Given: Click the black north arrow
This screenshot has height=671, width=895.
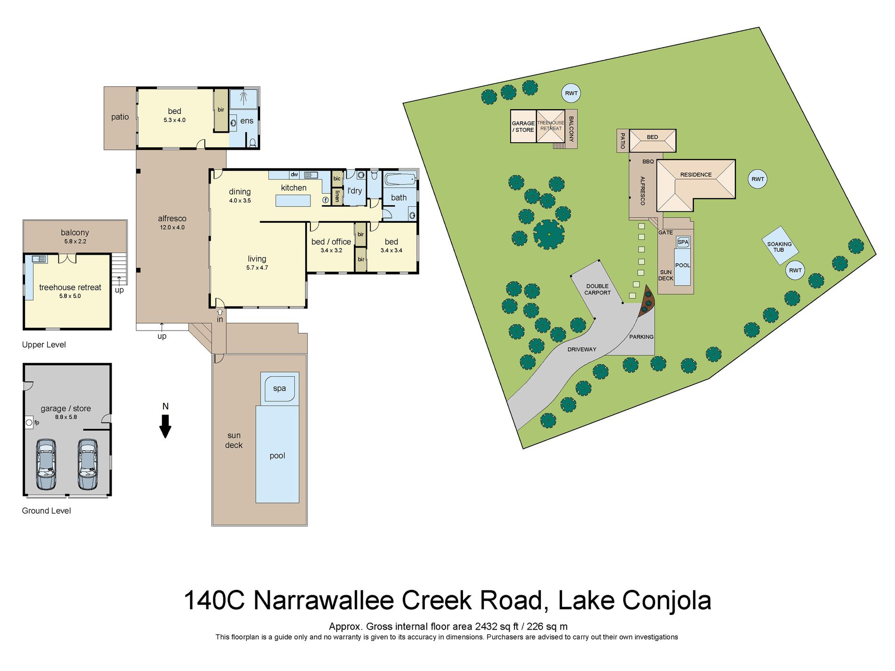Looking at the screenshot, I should click(x=165, y=426).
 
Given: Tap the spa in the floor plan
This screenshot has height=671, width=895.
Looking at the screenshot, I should click(x=279, y=388).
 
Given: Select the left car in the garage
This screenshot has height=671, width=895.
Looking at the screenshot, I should click(x=46, y=464).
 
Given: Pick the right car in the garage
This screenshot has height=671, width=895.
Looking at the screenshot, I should click(x=88, y=464).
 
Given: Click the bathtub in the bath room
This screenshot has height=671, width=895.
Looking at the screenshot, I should click(x=400, y=179).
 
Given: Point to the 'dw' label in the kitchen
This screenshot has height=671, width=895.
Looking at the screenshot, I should click(x=294, y=175).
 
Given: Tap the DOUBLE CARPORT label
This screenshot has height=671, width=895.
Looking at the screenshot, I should click(x=597, y=290).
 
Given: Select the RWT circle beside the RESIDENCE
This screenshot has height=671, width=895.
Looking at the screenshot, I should click(x=757, y=179).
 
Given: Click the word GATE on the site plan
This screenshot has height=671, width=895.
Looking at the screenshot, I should click(x=666, y=233).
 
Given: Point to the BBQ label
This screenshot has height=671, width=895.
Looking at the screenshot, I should click(x=648, y=162).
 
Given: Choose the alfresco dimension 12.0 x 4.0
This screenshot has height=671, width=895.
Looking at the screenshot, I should click(x=172, y=227).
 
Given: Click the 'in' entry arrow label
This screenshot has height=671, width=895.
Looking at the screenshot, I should click(x=220, y=320).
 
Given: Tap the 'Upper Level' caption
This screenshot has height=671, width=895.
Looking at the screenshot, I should click(x=44, y=345).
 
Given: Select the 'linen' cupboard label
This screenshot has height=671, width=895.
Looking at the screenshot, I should click(x=337, y=196).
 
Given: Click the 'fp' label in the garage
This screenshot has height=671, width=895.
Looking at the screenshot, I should click(x=37, y=422).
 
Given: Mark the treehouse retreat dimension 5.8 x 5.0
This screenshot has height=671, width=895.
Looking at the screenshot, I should click(x=70, y=296).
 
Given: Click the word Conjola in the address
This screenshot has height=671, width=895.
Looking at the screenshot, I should click(x=667, y=600).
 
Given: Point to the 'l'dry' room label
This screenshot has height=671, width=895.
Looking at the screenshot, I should click(x=355, y=191).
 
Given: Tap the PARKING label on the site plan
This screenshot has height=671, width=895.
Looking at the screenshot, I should click(x=641, y=337).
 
